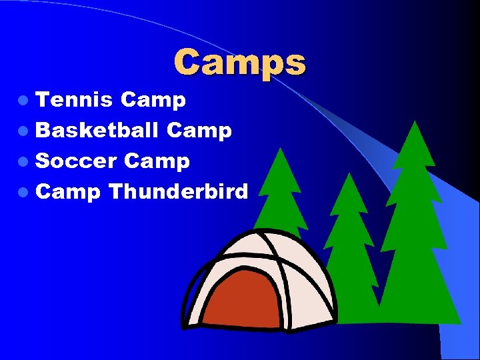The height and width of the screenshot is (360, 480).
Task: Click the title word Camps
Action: pos(240,63)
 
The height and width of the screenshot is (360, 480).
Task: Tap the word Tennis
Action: pos(74,100)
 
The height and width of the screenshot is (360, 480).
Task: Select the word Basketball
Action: pos(97,130)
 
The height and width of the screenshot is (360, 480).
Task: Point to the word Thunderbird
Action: pos(178,192)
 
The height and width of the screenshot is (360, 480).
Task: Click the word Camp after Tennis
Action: pos(153,101)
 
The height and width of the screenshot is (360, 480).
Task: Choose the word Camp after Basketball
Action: pos(199,131)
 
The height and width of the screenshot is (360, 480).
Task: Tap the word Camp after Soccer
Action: pos(157,161)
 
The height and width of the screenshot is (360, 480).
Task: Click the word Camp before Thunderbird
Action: pos(68,193)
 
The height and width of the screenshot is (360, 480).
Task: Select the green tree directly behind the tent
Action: pos(280,193)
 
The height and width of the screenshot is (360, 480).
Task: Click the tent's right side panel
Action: pos(313,293)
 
